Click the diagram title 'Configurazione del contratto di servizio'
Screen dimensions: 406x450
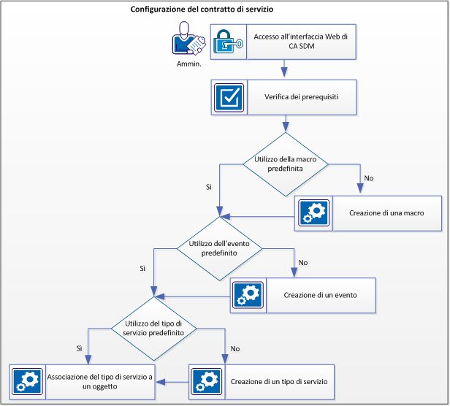click(207, 9)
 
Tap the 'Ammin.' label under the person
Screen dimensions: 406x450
click(188, 64)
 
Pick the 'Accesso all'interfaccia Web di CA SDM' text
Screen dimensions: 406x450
click(300, 42)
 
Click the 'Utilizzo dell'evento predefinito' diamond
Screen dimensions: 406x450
click(221, 248)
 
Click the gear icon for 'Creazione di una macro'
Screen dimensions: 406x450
click(314, 213)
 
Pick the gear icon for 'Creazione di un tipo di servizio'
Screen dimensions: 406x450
click(207, 382)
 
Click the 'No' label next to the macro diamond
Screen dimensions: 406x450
click(368, 178)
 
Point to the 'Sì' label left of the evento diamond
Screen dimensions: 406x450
click(142, 269)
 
